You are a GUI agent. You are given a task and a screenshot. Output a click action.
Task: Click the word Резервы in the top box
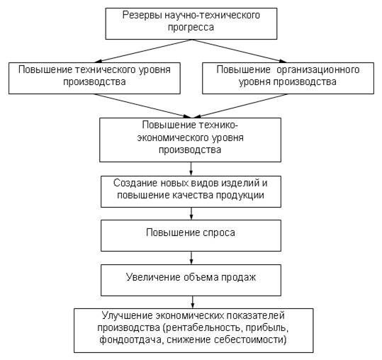click(x=142, y=16)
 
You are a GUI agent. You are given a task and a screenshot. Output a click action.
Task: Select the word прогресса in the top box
click(x=191, y=28)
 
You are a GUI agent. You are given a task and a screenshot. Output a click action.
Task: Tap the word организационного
click(x=318, y=70)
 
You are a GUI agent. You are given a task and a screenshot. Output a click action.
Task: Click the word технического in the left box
click(x=106, y=70)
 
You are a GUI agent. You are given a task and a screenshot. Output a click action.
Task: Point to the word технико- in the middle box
click(x=218, y=125)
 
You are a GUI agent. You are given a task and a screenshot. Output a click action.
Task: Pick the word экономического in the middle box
click(x=173, y=138)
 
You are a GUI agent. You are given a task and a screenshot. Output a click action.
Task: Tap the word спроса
click(x=219, y=233)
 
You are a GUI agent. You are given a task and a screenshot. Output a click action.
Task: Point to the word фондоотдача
click(x=130, y=339)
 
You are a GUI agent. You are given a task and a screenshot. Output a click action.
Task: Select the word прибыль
click(x=267, y=328)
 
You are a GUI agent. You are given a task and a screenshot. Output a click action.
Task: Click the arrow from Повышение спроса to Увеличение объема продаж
click(x=191, y=258)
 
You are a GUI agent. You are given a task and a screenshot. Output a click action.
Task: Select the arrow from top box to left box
click(x=144, y=51)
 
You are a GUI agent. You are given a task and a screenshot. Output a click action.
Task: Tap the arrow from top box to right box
click(x=240, y=51)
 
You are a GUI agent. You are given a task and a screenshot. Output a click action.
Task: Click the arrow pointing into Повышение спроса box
click(x=191, y=213)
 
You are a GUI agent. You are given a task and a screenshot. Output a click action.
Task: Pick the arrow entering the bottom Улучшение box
click(x=193, y=303)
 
